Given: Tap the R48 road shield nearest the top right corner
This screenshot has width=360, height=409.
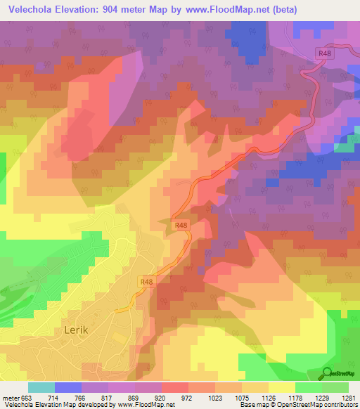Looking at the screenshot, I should (x=324, y=53).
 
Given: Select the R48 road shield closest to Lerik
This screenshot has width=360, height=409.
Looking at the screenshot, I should (x=146, y=282).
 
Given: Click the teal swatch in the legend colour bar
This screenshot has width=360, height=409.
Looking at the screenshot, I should (x=41, y=387).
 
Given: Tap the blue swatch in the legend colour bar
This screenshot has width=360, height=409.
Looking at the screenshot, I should (x=68, y=387).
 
